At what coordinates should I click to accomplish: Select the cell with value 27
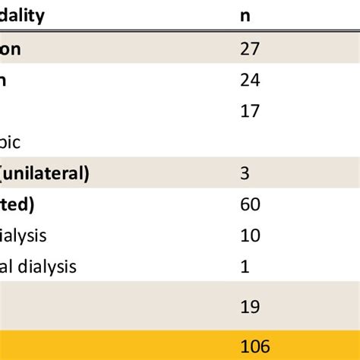tap(250, 49)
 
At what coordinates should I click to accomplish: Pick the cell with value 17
tap(250, 112)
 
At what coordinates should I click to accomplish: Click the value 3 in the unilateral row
tap(245, 174)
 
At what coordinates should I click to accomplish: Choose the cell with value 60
tap(250, 204)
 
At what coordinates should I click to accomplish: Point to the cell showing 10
tap(250, 235)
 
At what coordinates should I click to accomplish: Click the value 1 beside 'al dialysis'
tap(244, 267)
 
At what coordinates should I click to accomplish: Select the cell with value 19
tap(250, 307)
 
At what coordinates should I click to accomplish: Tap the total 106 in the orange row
tap(255, 346)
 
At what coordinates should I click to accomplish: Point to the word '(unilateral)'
tap(45, 174)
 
